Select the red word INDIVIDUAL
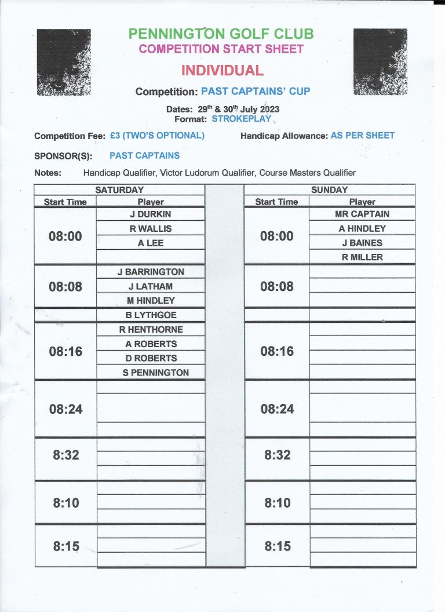(222, 71)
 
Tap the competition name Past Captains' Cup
(256, 92)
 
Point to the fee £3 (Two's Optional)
(157, 136)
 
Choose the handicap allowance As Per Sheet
(363, 136)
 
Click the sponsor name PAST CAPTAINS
(144, 155)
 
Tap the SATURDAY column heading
(119, 190)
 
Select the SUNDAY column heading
(329, 190)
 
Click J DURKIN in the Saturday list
(151, 214)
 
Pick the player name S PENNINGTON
(156, 373)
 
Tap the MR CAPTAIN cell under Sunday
(362, 214)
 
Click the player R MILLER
(362, 257)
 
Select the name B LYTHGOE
(151, 315)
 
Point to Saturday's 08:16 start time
(65, 351)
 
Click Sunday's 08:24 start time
(277, 409)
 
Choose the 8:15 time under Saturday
(65, 546)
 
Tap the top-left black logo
(64, 62)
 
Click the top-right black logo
(380, 61)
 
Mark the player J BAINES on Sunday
(362, 243)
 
